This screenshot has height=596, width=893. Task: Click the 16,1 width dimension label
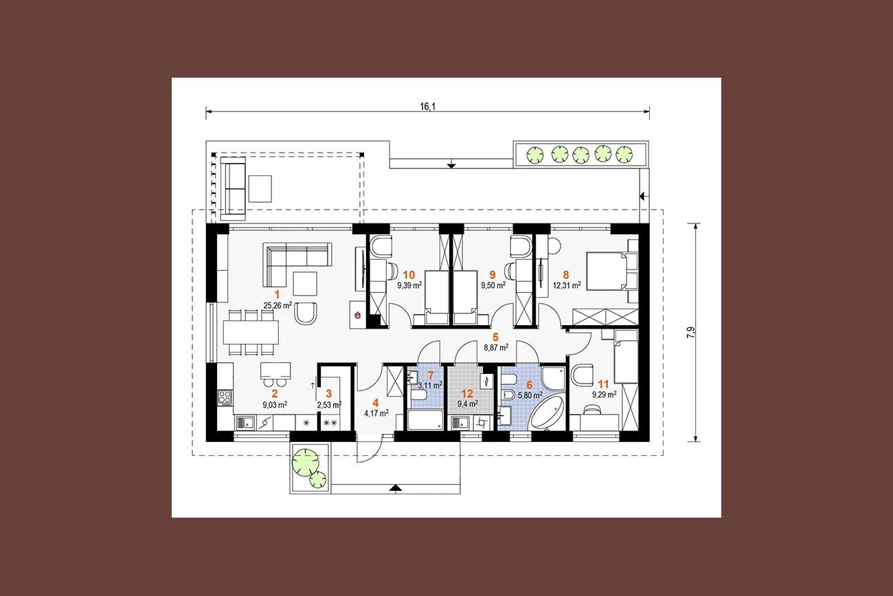click(x=428, y=107)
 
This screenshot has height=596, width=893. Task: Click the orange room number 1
click(x=278, y=295)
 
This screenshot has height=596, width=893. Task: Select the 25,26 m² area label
click(x=278, y=306)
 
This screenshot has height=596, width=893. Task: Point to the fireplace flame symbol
click(x=357, y=315)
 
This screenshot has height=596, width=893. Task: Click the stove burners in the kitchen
click(x=225, y=398)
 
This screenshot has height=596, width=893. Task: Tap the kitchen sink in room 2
click(x=246, y=423)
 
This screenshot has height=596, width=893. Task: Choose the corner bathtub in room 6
click(x=545, y=413)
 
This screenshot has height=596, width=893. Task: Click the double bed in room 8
click(x=605, y=271)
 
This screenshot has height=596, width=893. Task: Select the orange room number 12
click(x=467, y=394)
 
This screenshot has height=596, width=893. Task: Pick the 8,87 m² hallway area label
click(x=496, y=347)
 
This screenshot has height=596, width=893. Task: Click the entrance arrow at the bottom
click(x=395, y=488)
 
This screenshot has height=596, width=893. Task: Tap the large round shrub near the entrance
click(x=306, y=463)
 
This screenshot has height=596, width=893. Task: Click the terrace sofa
click(x=233, y=188)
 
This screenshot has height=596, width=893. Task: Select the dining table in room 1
click(x=251, y=332)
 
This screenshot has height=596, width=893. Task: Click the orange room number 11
click(x=604, y=384)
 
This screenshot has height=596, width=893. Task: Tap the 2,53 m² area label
click(x=329, y=405)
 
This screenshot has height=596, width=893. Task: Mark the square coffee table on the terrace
click(x=260, y=188)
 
